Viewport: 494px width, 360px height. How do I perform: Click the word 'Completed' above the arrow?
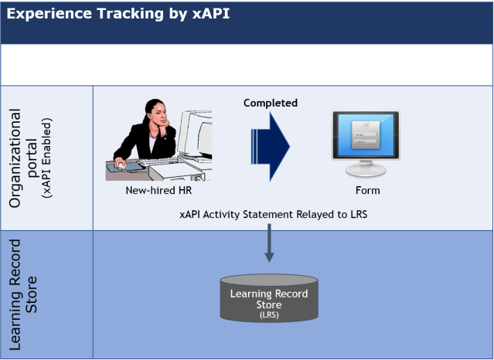[x=271, y=103]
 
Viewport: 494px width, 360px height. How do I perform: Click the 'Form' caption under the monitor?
[x=368, y=191]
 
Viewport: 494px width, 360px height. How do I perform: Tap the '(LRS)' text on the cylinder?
[x=269, y=314]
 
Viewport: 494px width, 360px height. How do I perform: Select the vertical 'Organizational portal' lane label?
[x=24, y=158]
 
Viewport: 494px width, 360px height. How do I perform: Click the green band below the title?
[x=247, y=64]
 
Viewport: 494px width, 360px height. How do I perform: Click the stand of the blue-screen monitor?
[x=366, y=169]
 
